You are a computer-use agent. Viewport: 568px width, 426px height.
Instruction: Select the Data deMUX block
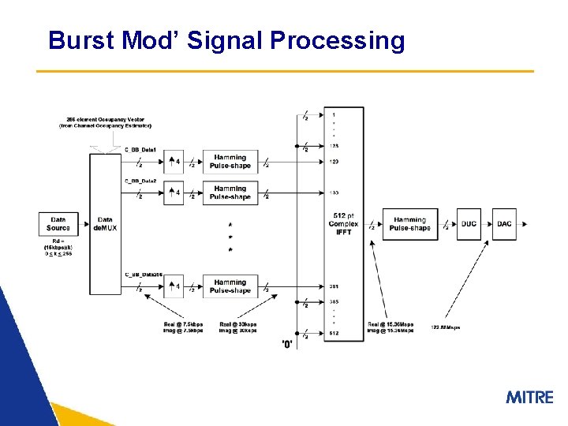point(105,223)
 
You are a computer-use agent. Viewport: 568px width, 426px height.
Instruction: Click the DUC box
point(469,223)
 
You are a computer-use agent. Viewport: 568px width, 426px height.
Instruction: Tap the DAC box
point(504,223)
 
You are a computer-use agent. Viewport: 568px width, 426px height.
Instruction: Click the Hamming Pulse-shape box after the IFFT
point(409,224)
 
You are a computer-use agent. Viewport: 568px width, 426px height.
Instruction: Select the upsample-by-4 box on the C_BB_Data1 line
point(174,162)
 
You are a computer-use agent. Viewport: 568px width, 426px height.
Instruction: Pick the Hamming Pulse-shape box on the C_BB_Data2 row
point(230,192)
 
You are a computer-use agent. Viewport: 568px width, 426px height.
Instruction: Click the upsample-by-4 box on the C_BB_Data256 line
point(174,286)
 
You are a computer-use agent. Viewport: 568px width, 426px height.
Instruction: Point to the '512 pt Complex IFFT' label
point(343,224)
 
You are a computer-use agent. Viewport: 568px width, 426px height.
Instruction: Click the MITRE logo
point(529,397)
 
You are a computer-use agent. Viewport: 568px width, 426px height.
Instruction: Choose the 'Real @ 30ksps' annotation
point(237,324)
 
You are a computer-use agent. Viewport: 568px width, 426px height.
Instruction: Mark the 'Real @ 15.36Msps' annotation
point(390,324)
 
